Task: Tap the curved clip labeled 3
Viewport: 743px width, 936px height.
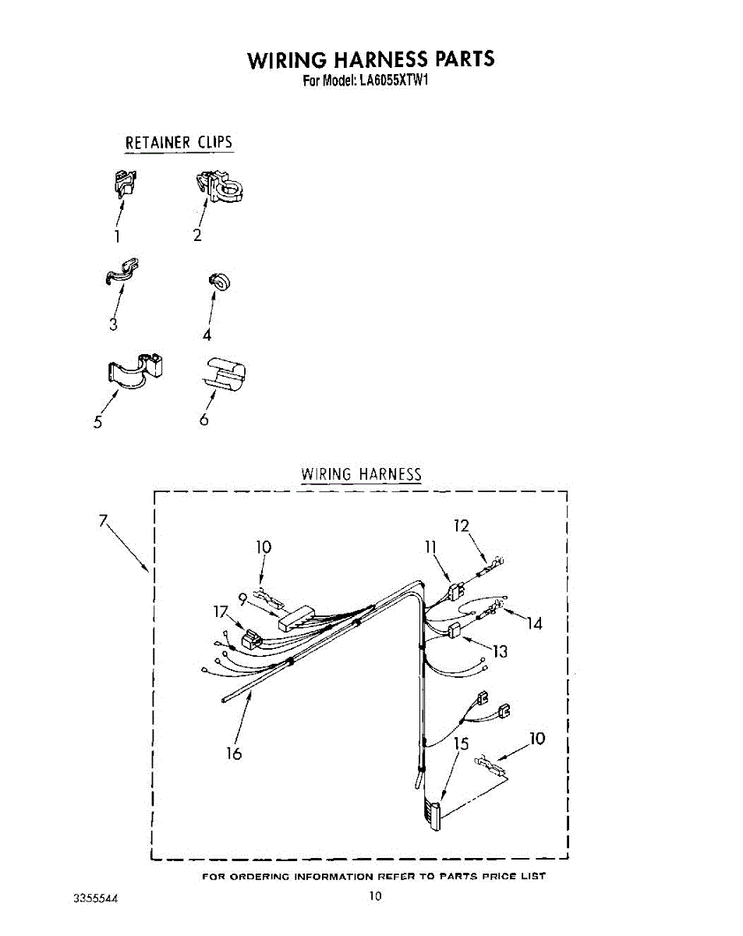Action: [x=122, y=269]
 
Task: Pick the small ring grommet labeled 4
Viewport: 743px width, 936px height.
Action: [x=218, y=283]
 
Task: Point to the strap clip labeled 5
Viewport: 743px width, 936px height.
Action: [x=136, y=370]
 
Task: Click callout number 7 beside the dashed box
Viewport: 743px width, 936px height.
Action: [x=103, y=521]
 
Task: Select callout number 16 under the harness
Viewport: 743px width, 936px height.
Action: [x=232, y=753]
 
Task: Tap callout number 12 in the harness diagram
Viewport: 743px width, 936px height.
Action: [x=462, y=526]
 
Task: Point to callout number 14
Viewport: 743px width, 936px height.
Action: [x=534, y=623]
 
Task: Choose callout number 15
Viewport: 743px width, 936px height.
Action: [x=462, y=743]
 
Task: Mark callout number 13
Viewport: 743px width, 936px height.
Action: [x=499, y=651]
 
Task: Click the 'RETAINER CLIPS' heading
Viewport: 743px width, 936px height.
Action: [x=179, y=143]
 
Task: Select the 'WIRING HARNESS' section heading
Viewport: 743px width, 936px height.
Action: [x=361, y=474]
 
